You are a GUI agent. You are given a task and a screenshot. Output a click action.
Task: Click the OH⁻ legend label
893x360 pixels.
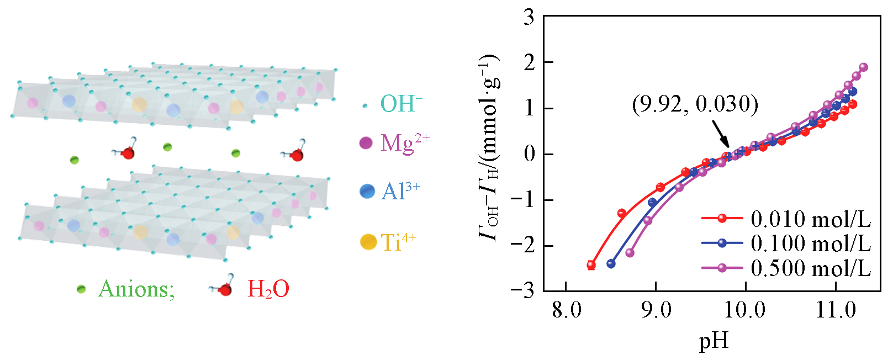pyautogui.click(x=401, y=104)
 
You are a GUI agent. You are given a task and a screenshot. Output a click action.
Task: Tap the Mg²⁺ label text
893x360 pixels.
pyautogui.click(x=405, y=144)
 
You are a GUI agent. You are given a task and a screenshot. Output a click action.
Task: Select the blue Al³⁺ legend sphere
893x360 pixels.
pyautogui.click(x=367, y=191)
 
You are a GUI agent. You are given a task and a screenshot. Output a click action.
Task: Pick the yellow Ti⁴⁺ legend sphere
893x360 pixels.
pyautogui.click(x=368, y=242)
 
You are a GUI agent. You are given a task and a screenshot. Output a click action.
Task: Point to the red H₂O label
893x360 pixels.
pyautogui.click(x=268, y=289)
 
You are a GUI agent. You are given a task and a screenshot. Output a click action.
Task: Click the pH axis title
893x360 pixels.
pyautogui.click(x=714, y=341)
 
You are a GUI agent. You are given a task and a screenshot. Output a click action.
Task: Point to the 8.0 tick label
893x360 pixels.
pyautogui.click(x=566, y=310)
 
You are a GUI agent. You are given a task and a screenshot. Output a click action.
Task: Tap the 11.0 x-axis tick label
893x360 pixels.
pyautogui.click(x=836, y=310)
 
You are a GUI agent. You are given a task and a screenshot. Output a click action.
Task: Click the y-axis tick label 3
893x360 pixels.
pyautogui.click(x=529, y=18)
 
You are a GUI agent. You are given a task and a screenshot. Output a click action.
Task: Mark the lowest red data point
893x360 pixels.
pyautogui.click(x=591, y=265)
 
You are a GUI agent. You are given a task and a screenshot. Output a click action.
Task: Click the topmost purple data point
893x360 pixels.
pyautogui.click(x=864, y=67)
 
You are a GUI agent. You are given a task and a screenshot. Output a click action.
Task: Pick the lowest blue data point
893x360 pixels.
pyautogui.click(x=611, y=264)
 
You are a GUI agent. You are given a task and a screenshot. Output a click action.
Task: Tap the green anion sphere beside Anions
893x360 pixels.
pyautogui.click(x=81, y=289)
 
